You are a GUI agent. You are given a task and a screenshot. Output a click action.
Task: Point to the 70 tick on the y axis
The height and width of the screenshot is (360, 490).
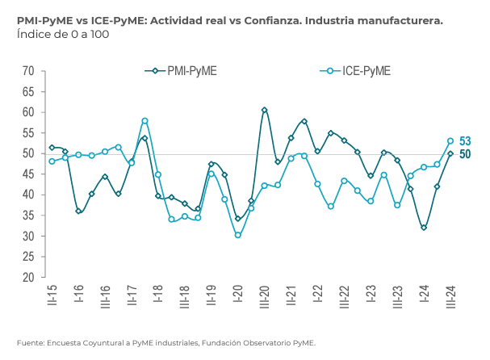coord(27,71)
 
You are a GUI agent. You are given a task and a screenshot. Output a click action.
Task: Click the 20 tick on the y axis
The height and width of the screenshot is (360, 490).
coord(27,277)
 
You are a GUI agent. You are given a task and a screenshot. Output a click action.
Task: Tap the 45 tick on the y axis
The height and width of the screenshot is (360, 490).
coord(27,174)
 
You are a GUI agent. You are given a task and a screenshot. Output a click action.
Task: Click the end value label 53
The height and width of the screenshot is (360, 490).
coord(465,141)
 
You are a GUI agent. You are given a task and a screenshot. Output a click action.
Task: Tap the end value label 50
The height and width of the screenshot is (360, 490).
coord(465,154)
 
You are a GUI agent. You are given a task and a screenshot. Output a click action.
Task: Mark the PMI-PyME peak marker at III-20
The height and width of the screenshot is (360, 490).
coord(264,110)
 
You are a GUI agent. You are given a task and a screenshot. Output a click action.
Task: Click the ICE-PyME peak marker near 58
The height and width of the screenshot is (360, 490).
coord(144,121)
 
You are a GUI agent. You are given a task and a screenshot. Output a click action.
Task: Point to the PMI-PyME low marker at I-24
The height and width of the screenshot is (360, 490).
coord(424,228)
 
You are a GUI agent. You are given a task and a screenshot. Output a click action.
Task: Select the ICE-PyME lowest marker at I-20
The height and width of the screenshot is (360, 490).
coord(237,235)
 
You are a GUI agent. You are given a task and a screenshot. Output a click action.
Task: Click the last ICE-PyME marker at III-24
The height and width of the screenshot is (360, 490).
coord(450,141)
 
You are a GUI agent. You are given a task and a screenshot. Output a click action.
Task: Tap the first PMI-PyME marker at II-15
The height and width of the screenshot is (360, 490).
coord(52,148)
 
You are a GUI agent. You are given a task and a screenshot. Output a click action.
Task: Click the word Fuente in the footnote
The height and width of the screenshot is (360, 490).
coord(29,342)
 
